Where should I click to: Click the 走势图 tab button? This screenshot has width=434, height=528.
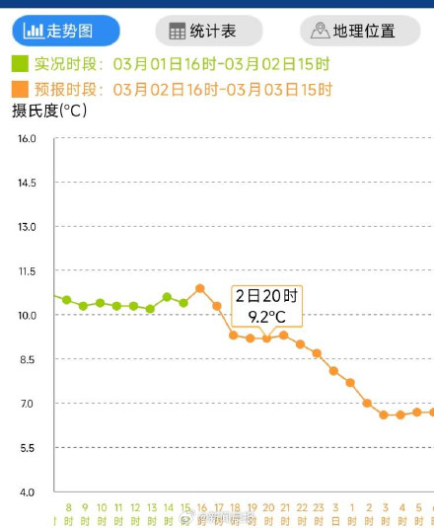pos(65,31)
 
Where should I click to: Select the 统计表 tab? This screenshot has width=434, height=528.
pos(208,31)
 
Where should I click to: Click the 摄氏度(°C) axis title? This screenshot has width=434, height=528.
pos(49,111)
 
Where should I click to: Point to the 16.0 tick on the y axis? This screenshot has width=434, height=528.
pos(27,139)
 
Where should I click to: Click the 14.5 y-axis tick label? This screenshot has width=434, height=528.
pos(27,184)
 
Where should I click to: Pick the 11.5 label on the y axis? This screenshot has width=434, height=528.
pos(27,271)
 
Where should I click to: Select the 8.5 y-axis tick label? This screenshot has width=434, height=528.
pos(27,360)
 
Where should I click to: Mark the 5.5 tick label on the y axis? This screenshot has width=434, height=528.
pos(27,448)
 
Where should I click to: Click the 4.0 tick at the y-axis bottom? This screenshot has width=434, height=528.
pos(27,492)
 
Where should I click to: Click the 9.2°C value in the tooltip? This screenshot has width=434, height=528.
pos(266,317)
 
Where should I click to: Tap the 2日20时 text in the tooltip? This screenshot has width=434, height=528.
pos(266,296)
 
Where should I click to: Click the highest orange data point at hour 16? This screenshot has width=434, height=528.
pos(200,288)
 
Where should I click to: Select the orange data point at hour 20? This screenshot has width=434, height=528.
pos(266,339)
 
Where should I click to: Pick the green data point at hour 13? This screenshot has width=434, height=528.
pos(150,309)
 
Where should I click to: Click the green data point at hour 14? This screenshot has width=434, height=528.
pos(167,296)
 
